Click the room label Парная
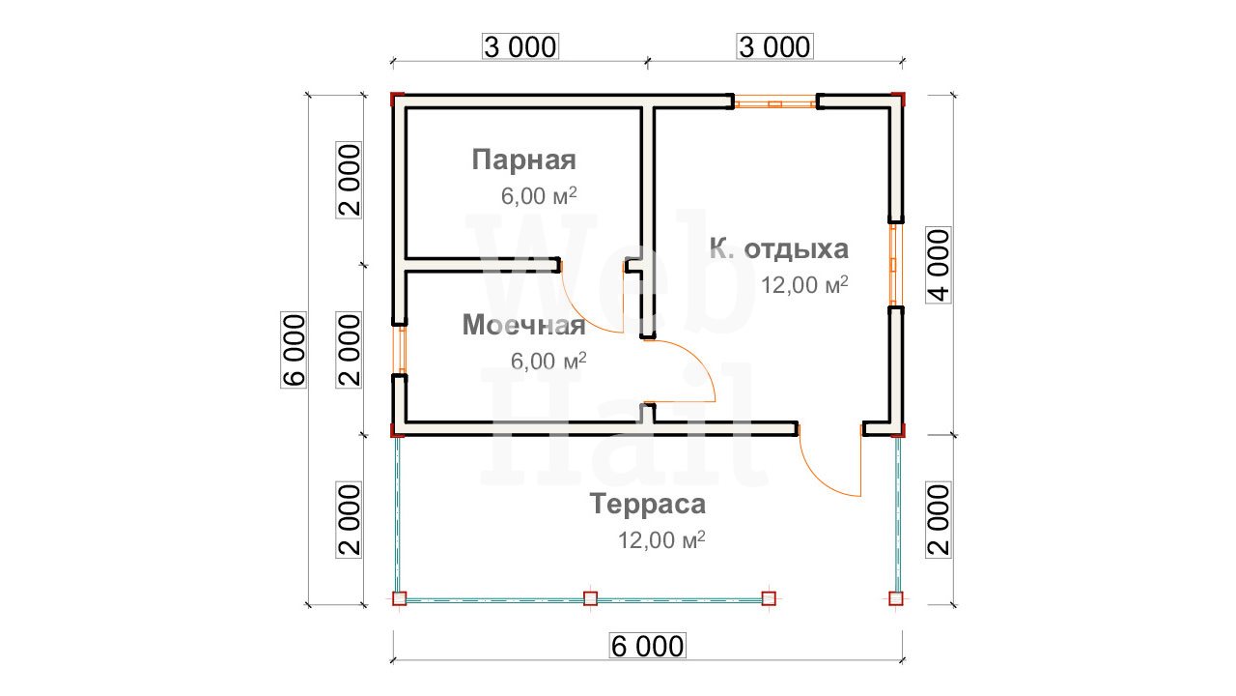tap(523, 159)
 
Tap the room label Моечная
tap(523, 325)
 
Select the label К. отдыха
tap(778, 249)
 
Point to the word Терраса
tap(648, 504)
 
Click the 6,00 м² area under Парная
tap(539, 196)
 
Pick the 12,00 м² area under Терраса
tap(661, 539)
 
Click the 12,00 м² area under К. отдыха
tap(804, 285)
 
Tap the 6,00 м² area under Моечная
tap(548, 362)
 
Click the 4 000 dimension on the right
tap(939, 265)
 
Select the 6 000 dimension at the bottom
tap(648, 646)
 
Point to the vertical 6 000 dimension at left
tap(294, 350)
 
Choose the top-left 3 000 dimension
tap(520, 47)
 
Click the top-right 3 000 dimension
tap(774, 47)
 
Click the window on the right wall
tap(895, 265)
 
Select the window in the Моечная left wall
tap(401, 350)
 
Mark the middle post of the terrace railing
tap(590, 598)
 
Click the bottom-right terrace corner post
tap(896, 598)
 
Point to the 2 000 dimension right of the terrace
tap(939, 520)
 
